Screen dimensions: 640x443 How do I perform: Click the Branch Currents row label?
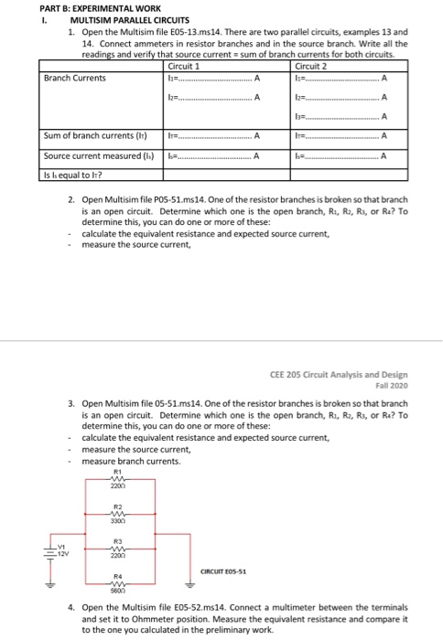[x=75, y=78]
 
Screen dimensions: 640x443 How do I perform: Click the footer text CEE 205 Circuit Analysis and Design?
[x=340, y=374]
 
